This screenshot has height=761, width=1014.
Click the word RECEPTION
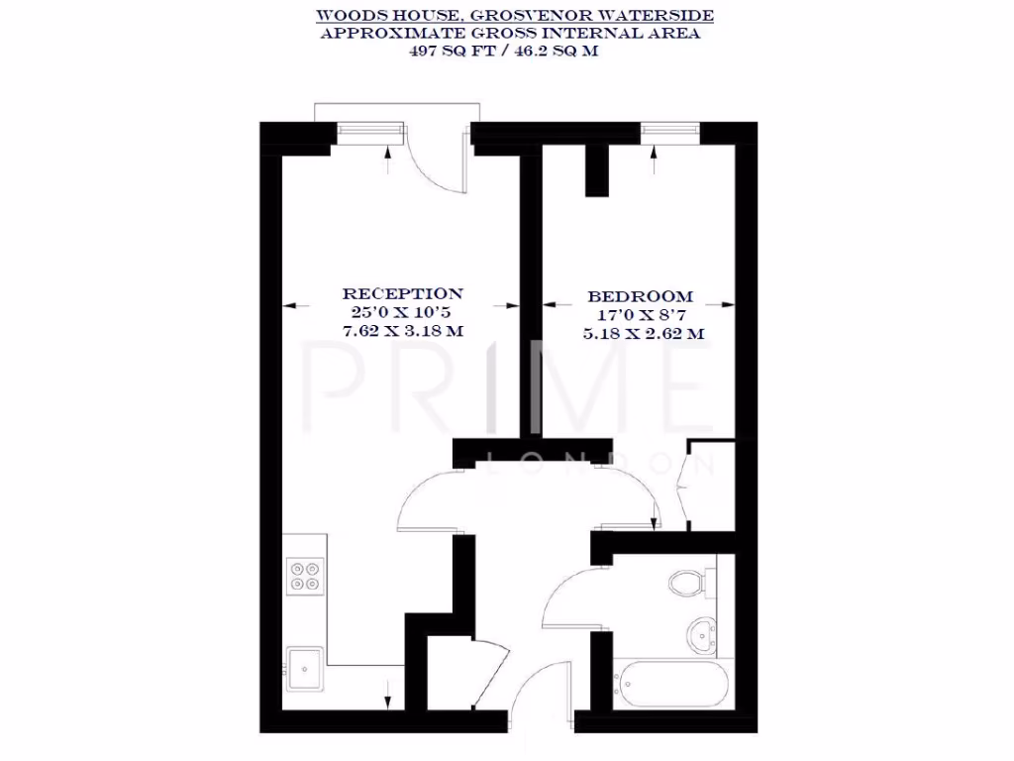click(x=402, y=294)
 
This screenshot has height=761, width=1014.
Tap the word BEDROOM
click(x=641, y=296)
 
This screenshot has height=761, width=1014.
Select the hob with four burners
click(x=305, y=576)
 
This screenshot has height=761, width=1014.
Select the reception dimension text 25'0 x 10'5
click(x=402, y=313)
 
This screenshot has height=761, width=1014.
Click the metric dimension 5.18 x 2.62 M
click(x=644, y=334)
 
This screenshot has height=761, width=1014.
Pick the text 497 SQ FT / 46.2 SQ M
click(x=507, y=52)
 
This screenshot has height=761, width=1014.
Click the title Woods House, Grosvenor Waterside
click(x=514, y=16)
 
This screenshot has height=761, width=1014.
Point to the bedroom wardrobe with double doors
click(x=709, y=486)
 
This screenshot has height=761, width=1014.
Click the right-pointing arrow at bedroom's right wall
click(x=727, y=305)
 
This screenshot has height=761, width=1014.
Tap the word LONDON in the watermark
click(x=603, y=463)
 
